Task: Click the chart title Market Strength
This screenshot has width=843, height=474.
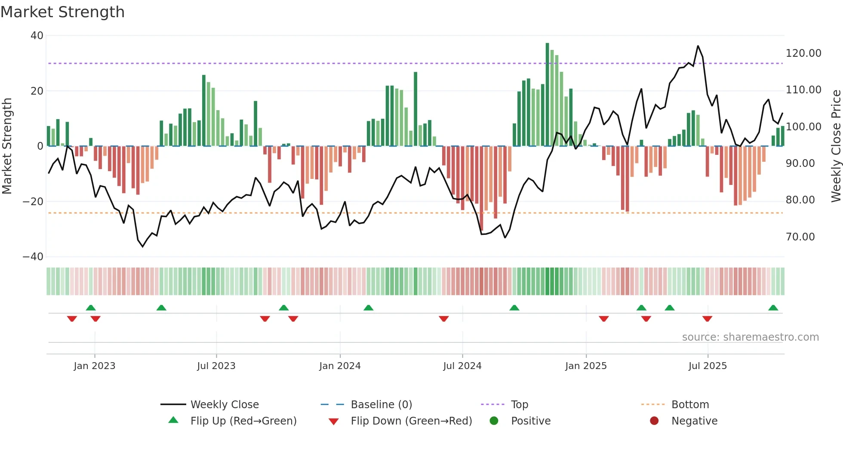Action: tap(62, 12)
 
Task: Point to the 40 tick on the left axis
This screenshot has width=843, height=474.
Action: tap(37, 36)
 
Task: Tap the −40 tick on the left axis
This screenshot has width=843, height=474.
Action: tap(33, 257)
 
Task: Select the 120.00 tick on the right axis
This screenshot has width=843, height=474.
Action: tap(803, 53)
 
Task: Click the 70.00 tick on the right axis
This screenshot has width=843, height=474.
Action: tap(800, 237)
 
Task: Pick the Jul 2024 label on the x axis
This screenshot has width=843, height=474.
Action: tap(462, 366)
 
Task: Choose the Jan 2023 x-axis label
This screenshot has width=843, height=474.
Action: tap(95, 366)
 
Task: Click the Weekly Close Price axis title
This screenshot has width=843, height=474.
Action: tap(836, 146)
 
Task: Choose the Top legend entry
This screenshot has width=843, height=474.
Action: tap(519, 405)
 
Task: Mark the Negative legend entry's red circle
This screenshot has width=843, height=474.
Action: tap(654, 421)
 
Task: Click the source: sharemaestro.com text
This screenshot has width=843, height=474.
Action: tap(750, 337)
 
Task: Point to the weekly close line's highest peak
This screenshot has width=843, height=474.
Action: tap(698, 46)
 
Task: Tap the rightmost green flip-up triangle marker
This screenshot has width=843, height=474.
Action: tap(773, 308)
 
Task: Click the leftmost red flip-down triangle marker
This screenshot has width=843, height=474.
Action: tap(72, 319)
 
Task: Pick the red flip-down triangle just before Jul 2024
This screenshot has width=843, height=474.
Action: tap(444, 319)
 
